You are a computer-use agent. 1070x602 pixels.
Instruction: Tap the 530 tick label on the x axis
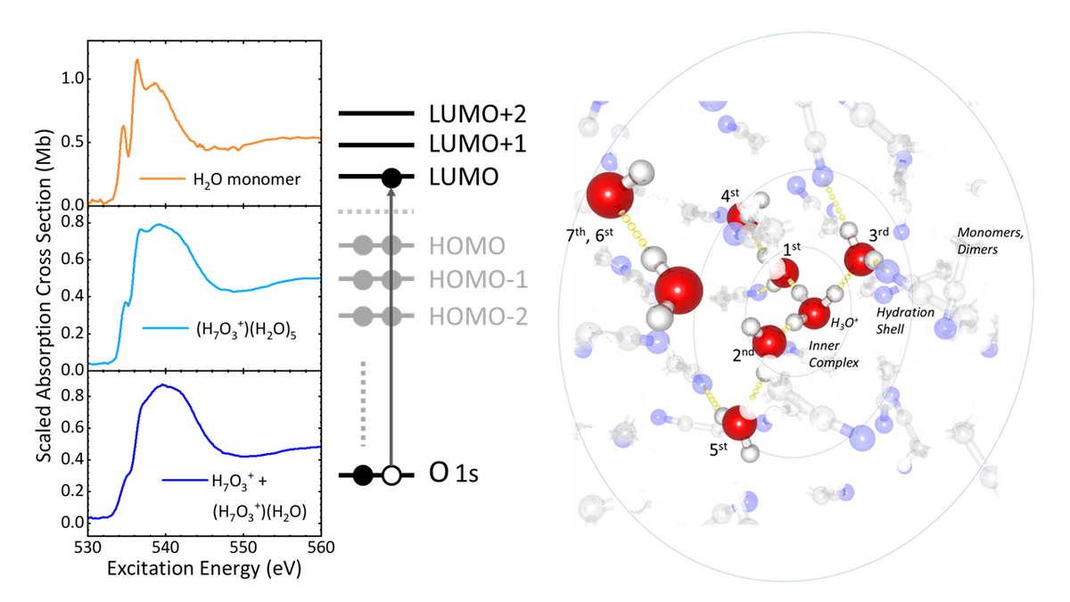[87, 545]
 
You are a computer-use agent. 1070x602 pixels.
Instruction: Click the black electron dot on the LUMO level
[391, 178]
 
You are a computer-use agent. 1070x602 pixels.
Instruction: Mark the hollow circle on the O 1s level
[391, 475]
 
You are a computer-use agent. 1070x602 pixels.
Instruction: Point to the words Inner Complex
[833, 355]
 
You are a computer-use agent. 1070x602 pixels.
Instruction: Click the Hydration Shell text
[905, 321]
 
